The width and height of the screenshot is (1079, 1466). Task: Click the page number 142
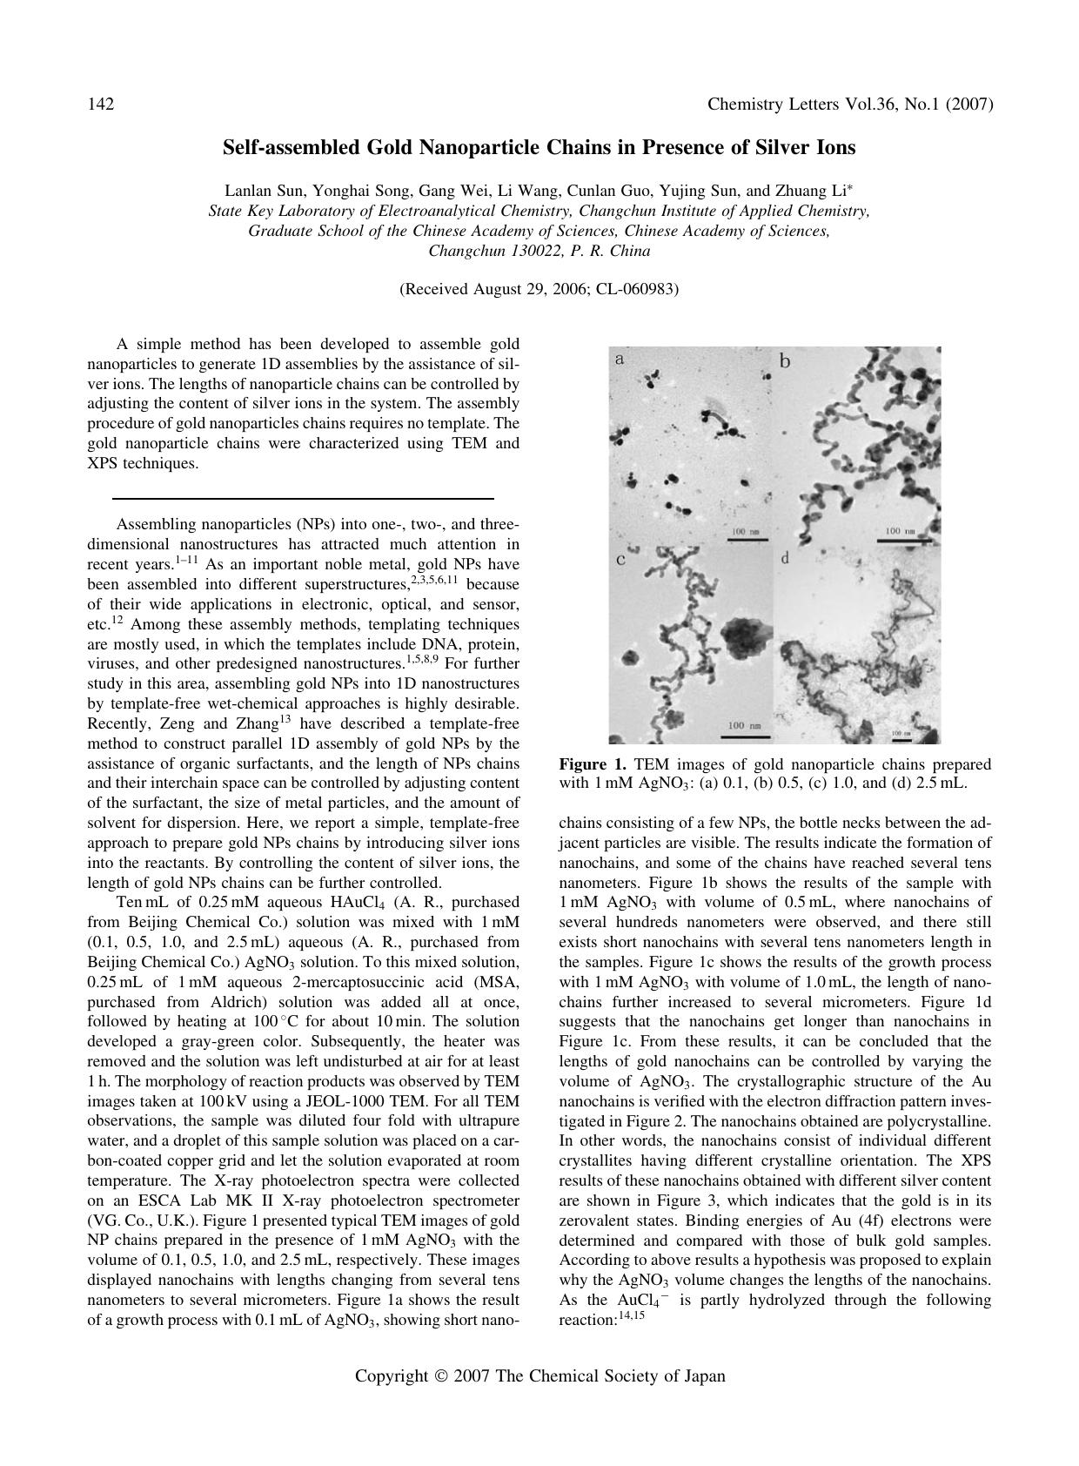click(101, 104)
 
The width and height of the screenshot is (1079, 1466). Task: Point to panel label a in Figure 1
click(619, 358)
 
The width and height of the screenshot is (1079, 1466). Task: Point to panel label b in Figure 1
click(785, 360)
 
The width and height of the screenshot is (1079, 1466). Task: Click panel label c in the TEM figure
click(620, 559)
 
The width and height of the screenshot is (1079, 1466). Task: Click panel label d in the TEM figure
click(785, 558)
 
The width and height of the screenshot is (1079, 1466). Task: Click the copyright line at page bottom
click(539, 1376)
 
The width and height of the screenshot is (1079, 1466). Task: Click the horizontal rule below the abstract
click(303, 499)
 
